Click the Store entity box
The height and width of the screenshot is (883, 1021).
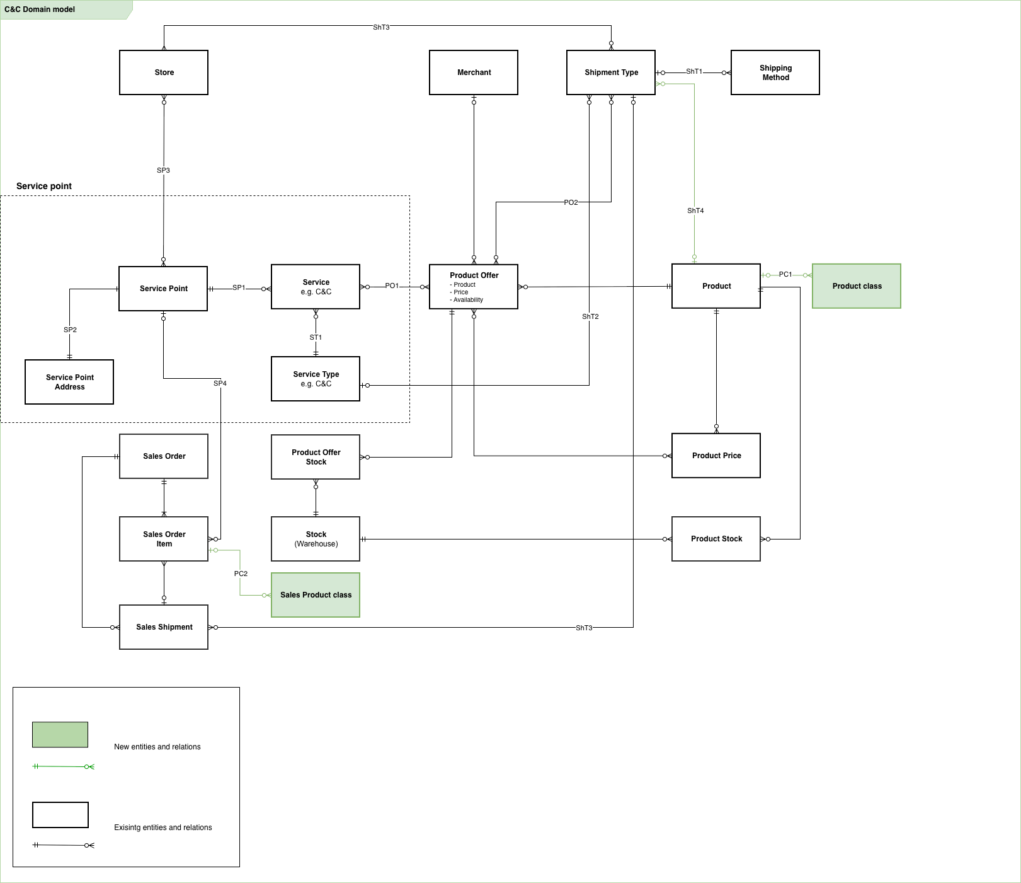tap(164, 72)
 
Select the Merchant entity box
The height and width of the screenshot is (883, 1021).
tap(474, 72)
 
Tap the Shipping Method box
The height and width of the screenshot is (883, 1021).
tap(775, 72)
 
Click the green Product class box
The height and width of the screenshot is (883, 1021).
tap(856, 286)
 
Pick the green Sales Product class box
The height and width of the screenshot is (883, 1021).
tap(316, 595)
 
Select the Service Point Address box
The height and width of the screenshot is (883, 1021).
tap(69, 382)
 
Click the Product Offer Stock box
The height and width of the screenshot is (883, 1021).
tap(316, 457)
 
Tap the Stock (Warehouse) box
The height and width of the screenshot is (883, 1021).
tap(316, 539)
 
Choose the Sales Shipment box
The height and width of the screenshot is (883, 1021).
tap(164, 627)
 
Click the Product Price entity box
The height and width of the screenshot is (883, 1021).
tap(716, 456)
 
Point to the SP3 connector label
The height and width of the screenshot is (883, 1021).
tap(163, 170)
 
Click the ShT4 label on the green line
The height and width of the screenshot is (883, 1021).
tap(695, 211)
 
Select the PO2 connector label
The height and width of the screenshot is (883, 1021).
tap(571, 202)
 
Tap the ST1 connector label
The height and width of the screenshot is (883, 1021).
tap(316, 337)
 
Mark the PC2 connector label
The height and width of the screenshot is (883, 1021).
tap(241, 574)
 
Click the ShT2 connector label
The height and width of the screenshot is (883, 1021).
tap(590, 316)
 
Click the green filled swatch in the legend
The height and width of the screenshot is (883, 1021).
tap(60, 735)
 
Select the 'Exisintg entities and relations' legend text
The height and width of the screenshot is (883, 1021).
tap(163, 828)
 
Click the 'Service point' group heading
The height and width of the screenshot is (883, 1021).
tap(44, 186)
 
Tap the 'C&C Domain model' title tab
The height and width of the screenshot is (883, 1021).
tap(40, 9)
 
